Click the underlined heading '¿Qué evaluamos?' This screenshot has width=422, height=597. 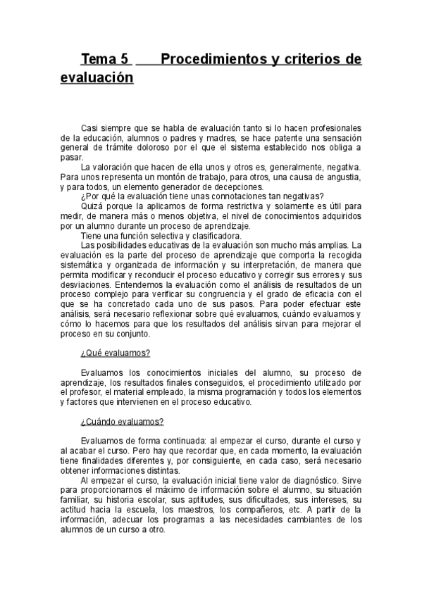click(x=116, y=353)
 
